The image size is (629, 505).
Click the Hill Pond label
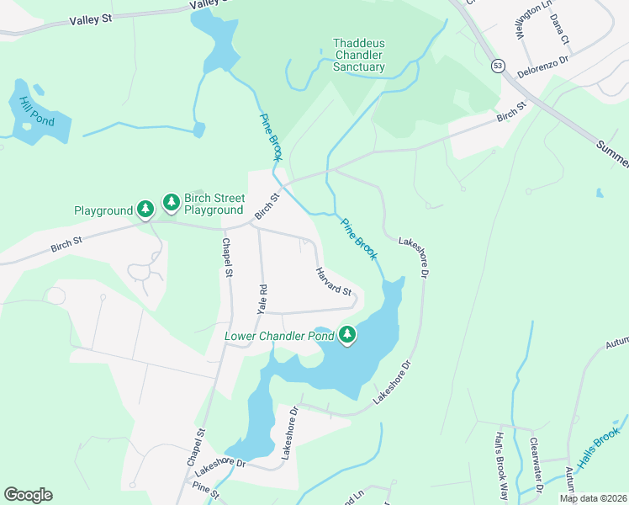click(x=30, y=111)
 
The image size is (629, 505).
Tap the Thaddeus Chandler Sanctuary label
click(x=359, y=55)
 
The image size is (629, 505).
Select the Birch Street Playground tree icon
click(x=172, y=201)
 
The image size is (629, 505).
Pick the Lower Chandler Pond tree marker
click(x=347, y=336)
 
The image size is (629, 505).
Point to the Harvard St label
click(x=333, y=281)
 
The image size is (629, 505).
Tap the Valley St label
click(x=92, y=19)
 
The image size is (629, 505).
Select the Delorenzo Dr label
click(x=543, y=66)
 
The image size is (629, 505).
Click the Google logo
click(x=28, y=495)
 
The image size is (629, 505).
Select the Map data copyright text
click(x=593, y=498)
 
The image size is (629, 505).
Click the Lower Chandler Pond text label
click(x=280, y=337)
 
